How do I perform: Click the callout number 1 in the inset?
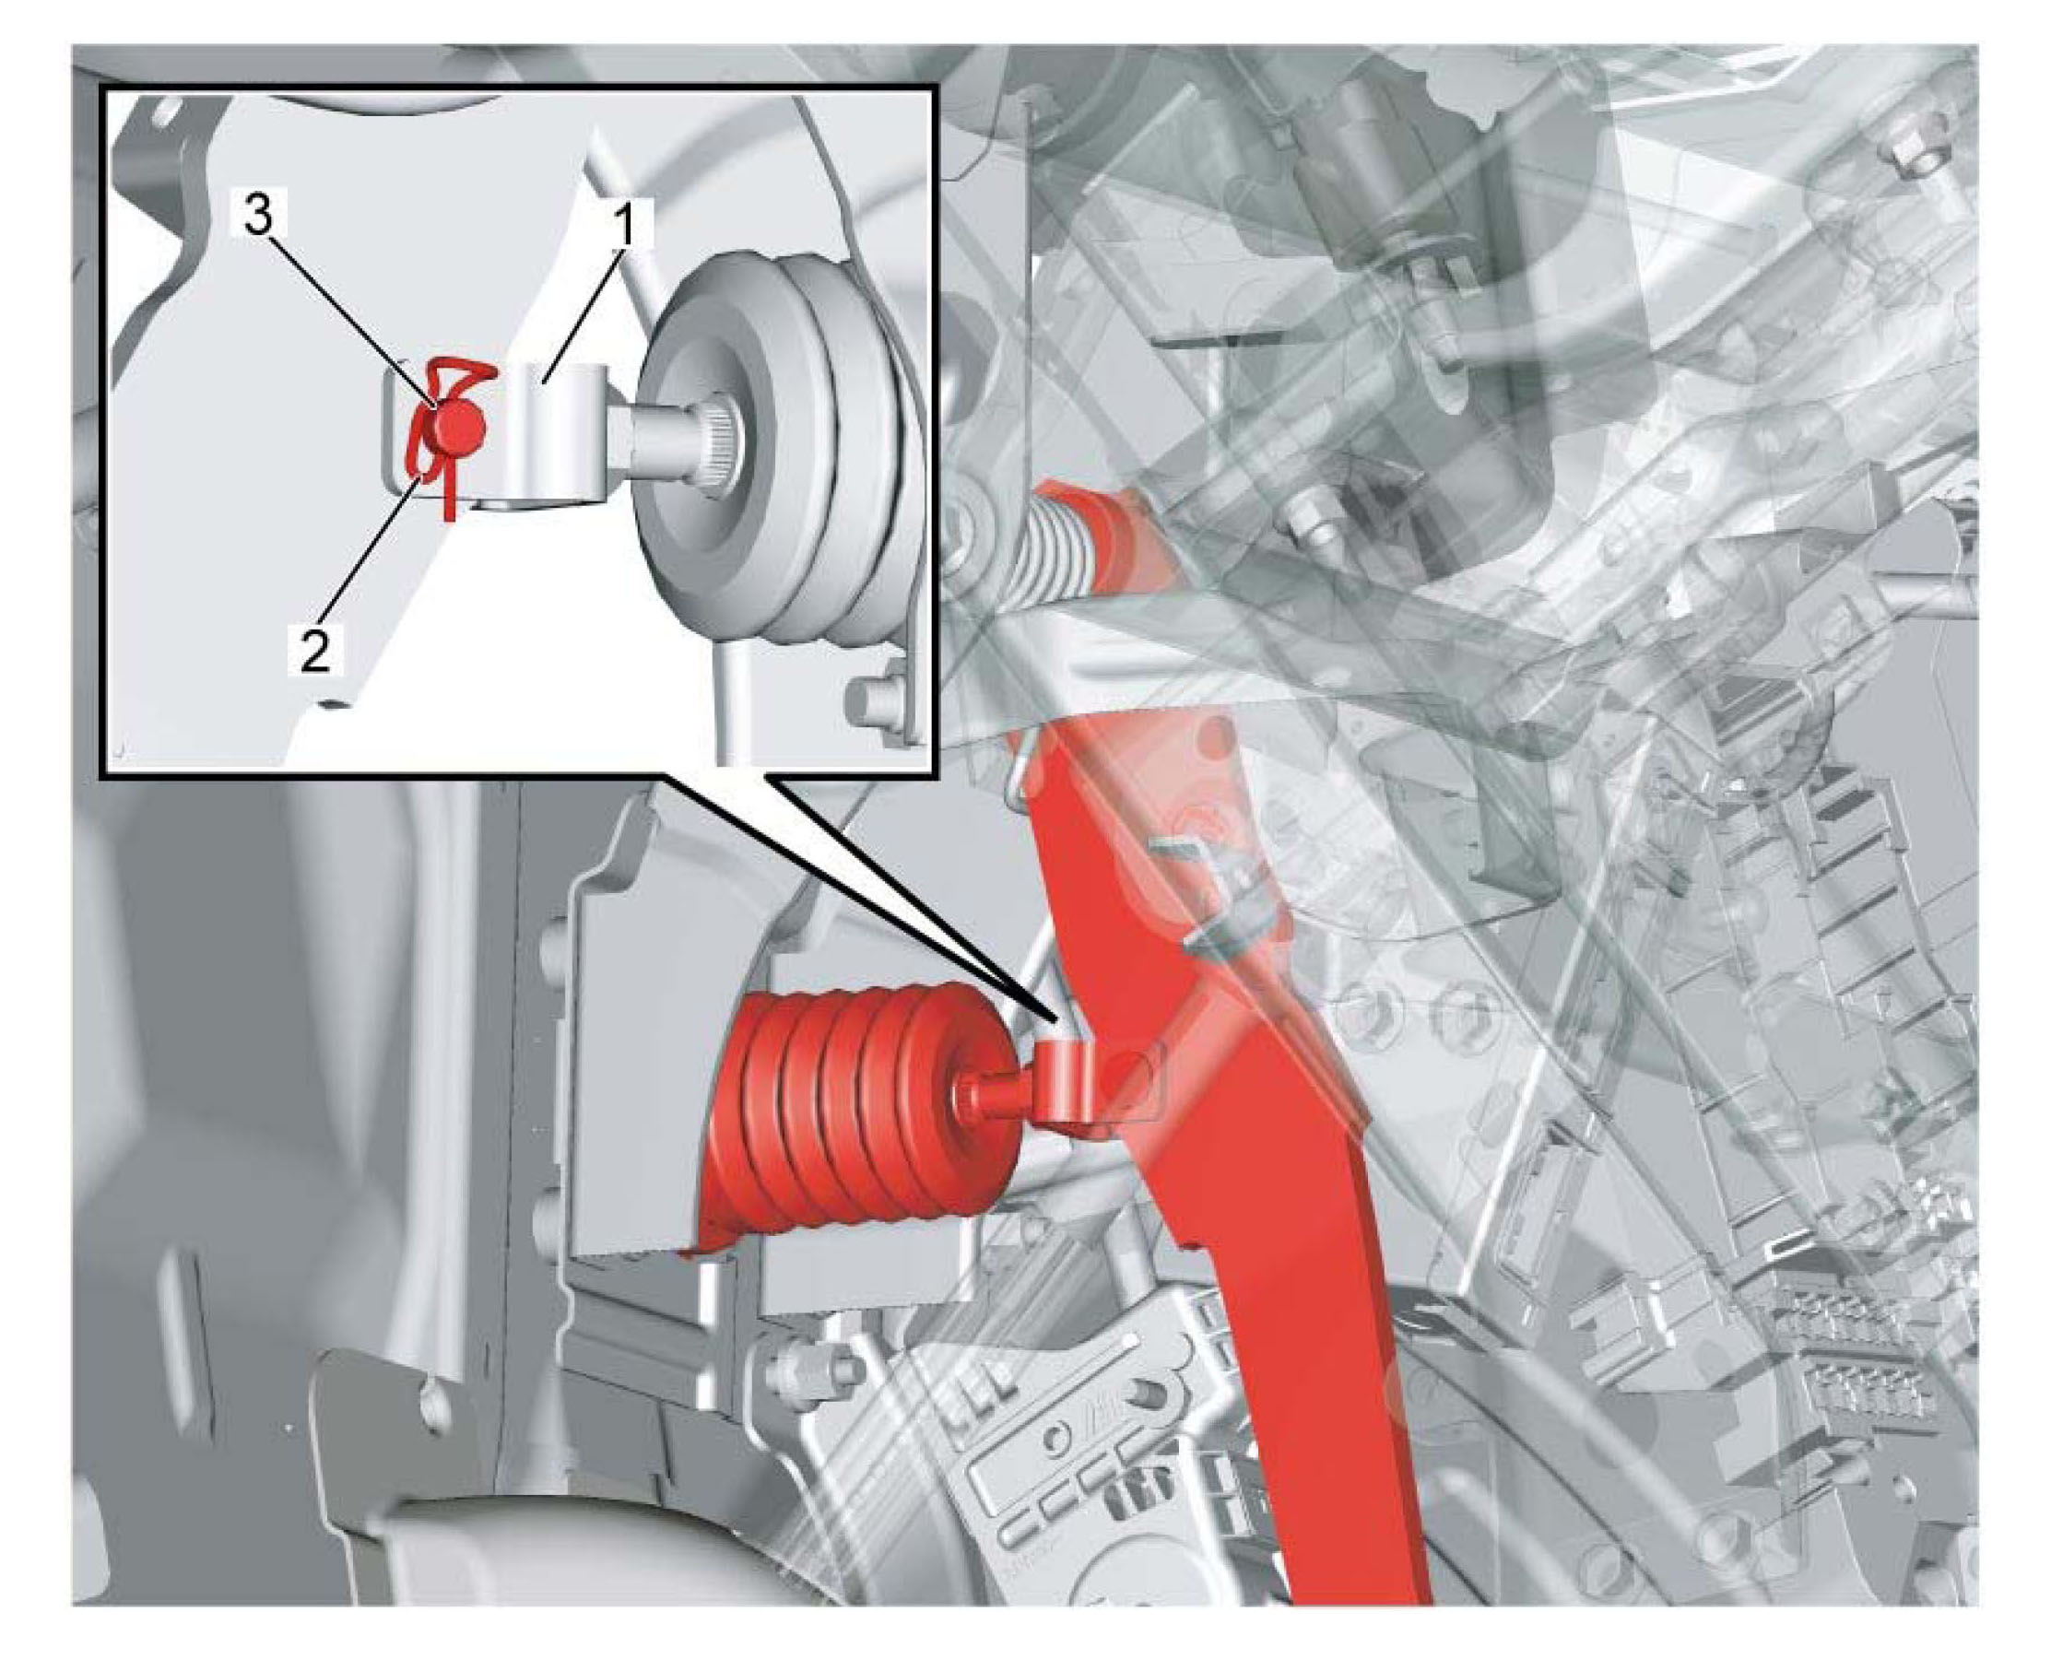pyautogui.click(x=624, y=226)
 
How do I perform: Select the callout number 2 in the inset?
pyautogui.click(x=315, y=650)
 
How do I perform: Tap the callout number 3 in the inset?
pyautogui.click(x=257, y=217)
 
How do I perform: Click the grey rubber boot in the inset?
pyautogui.click(x=775, y=450)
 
